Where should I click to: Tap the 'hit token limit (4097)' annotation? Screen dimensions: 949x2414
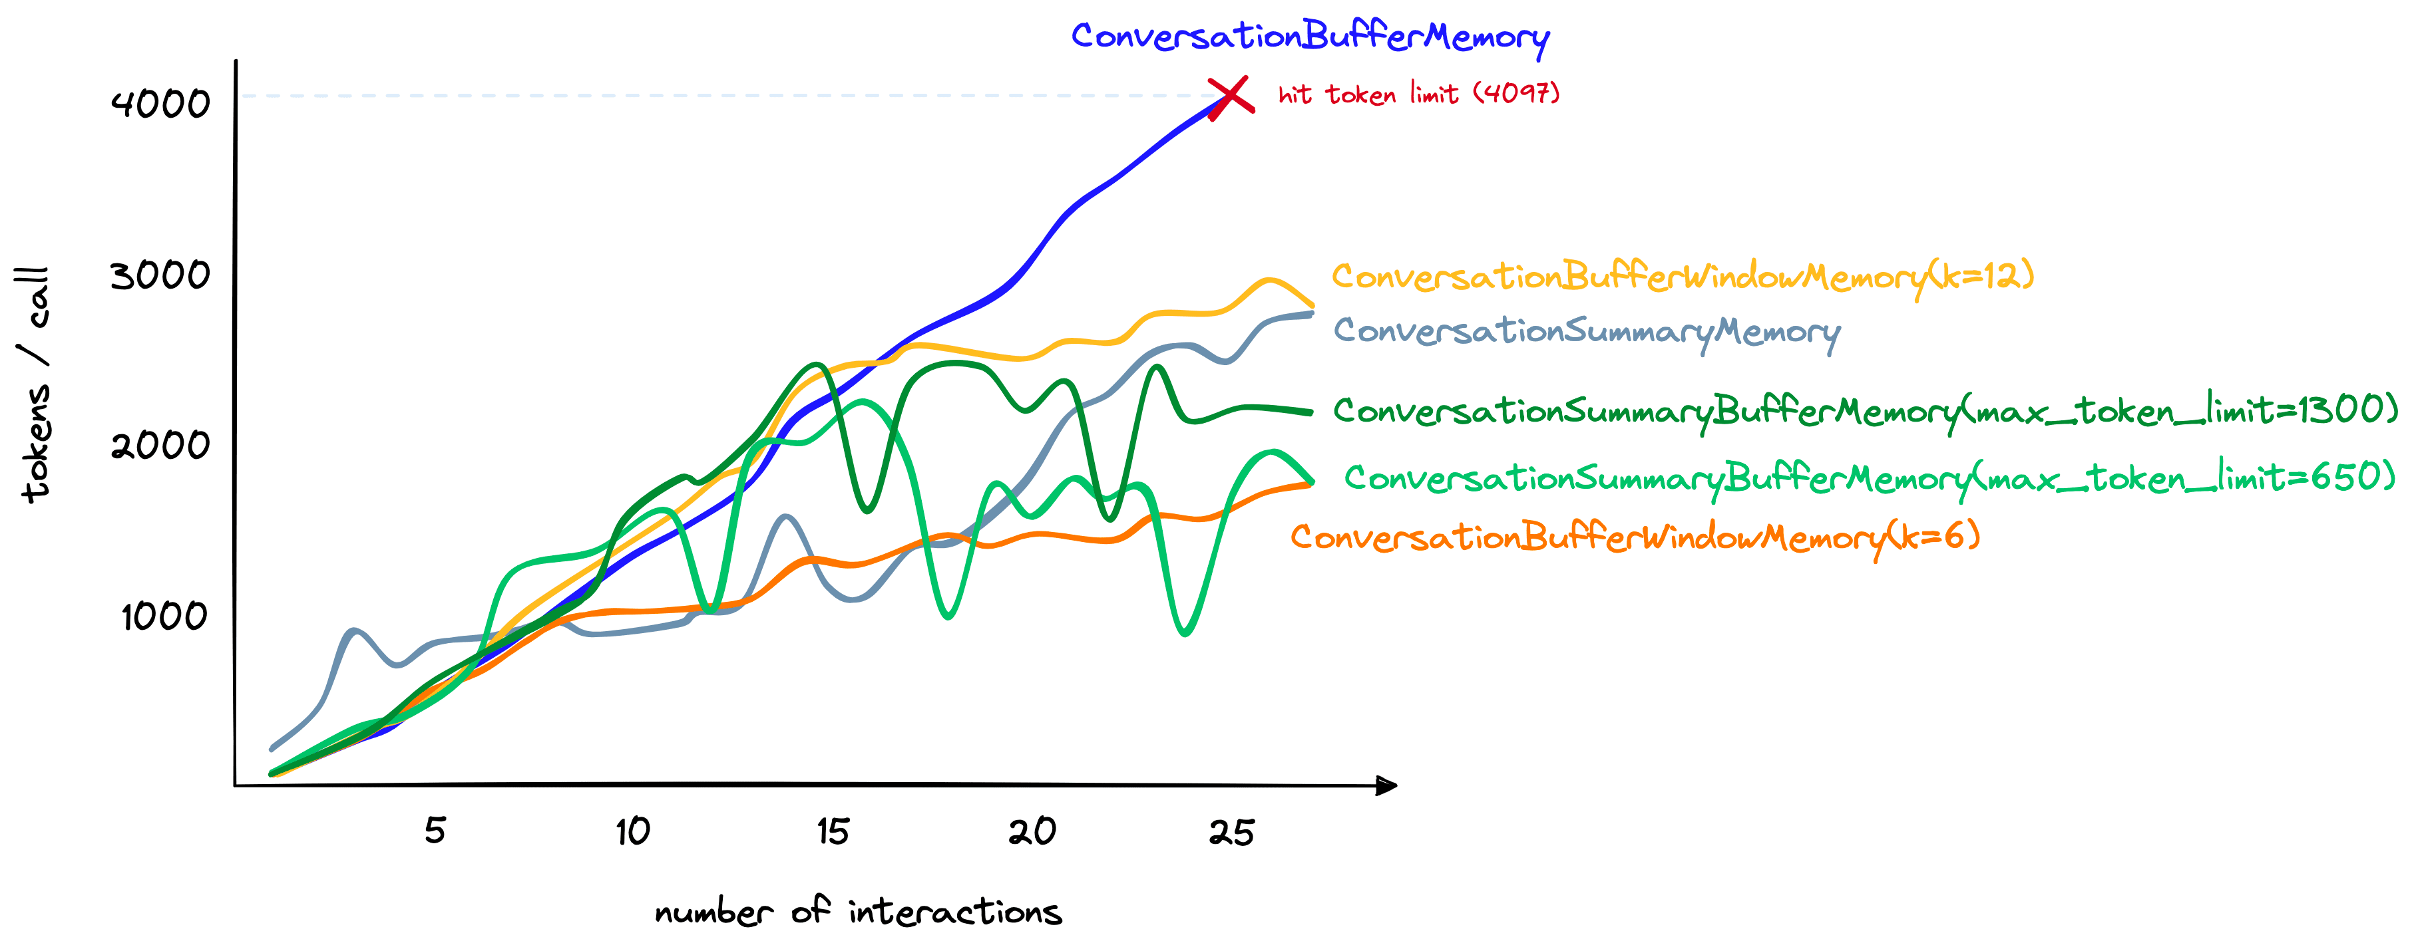pyautogui.click(x=1419, y=94)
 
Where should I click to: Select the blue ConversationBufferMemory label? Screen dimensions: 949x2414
pyautogui.click(x=1309, y=37)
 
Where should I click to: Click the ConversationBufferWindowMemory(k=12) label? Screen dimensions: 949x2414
pyautogui.click(x=1682, y=277)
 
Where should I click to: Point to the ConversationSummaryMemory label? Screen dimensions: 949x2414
pyautogui.click(x=1587, y=332)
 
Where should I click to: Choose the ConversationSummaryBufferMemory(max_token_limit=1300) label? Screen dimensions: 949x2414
pyautogui.click(x=1865, y=411)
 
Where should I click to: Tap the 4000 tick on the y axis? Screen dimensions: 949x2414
pyautogui.click(x=160, y=103)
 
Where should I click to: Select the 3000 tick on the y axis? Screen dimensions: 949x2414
pyautogui.click(x=160, y=275)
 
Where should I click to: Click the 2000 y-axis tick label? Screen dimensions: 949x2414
pyautogui.click(x=160, y=445)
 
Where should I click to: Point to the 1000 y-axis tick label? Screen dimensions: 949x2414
pyautogui.click(x=164, y=616)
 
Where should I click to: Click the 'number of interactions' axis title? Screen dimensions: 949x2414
pyautogui.click(x=859, y=912)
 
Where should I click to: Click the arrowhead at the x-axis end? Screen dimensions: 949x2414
pyautogui.click(x=1387, y=785)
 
